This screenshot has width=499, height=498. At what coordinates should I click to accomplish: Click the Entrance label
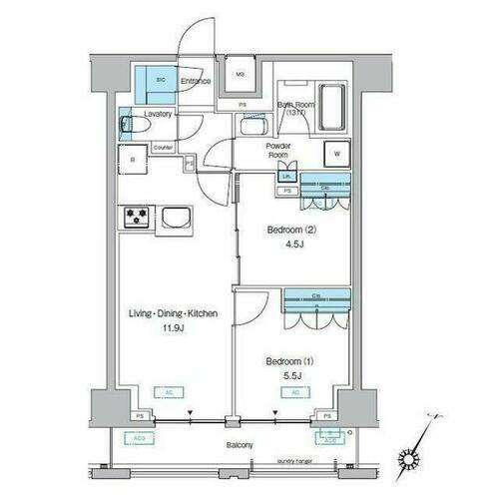[x=196, y=81]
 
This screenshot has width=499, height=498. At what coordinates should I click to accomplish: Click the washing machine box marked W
[x=336, y=154]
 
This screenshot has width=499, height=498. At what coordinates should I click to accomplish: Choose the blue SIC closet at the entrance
[x=157, y=81]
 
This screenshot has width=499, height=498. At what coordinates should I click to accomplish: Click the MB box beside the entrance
[x=240, y=74]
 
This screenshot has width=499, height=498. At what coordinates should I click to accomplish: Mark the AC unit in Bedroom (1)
[x=297, y=393]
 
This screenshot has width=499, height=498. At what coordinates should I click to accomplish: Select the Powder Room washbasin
[x=252, y=129]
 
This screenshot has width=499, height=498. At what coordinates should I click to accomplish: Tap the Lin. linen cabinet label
[x=286, y=178]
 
